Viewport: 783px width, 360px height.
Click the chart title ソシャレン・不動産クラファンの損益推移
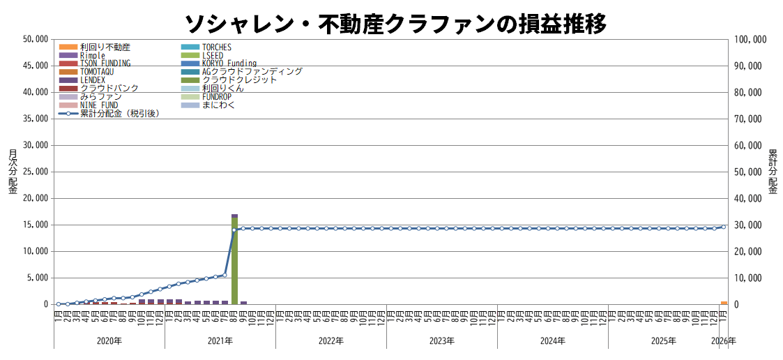tap(395, 23)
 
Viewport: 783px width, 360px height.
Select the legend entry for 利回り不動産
tap(105, 47)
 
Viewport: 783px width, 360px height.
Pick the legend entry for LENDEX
tap(93, 80)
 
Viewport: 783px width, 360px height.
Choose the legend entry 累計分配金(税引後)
tap(119, 113)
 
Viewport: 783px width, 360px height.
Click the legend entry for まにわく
tap(218, 105)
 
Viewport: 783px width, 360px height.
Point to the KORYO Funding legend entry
tap(229, 63)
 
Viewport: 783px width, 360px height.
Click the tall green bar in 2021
tap(235, 262)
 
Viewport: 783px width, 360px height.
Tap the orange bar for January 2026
tap(724, 303)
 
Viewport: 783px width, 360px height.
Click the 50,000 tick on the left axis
tap(35, 39)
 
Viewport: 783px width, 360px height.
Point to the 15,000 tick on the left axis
tap(35, 225)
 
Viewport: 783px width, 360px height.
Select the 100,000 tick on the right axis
tap(750, 39)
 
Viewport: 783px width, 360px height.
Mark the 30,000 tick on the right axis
tap(748, 225)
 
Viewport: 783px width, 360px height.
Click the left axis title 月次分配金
tap(13, 172)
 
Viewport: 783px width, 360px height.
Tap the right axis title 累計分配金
tap(773, 172)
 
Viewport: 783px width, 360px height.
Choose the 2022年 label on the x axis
tap(331, 341)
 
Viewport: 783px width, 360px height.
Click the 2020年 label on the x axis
tap(109, 341)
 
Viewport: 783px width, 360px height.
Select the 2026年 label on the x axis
tap(724, 341)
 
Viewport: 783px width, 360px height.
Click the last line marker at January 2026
tap(724, 227)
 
